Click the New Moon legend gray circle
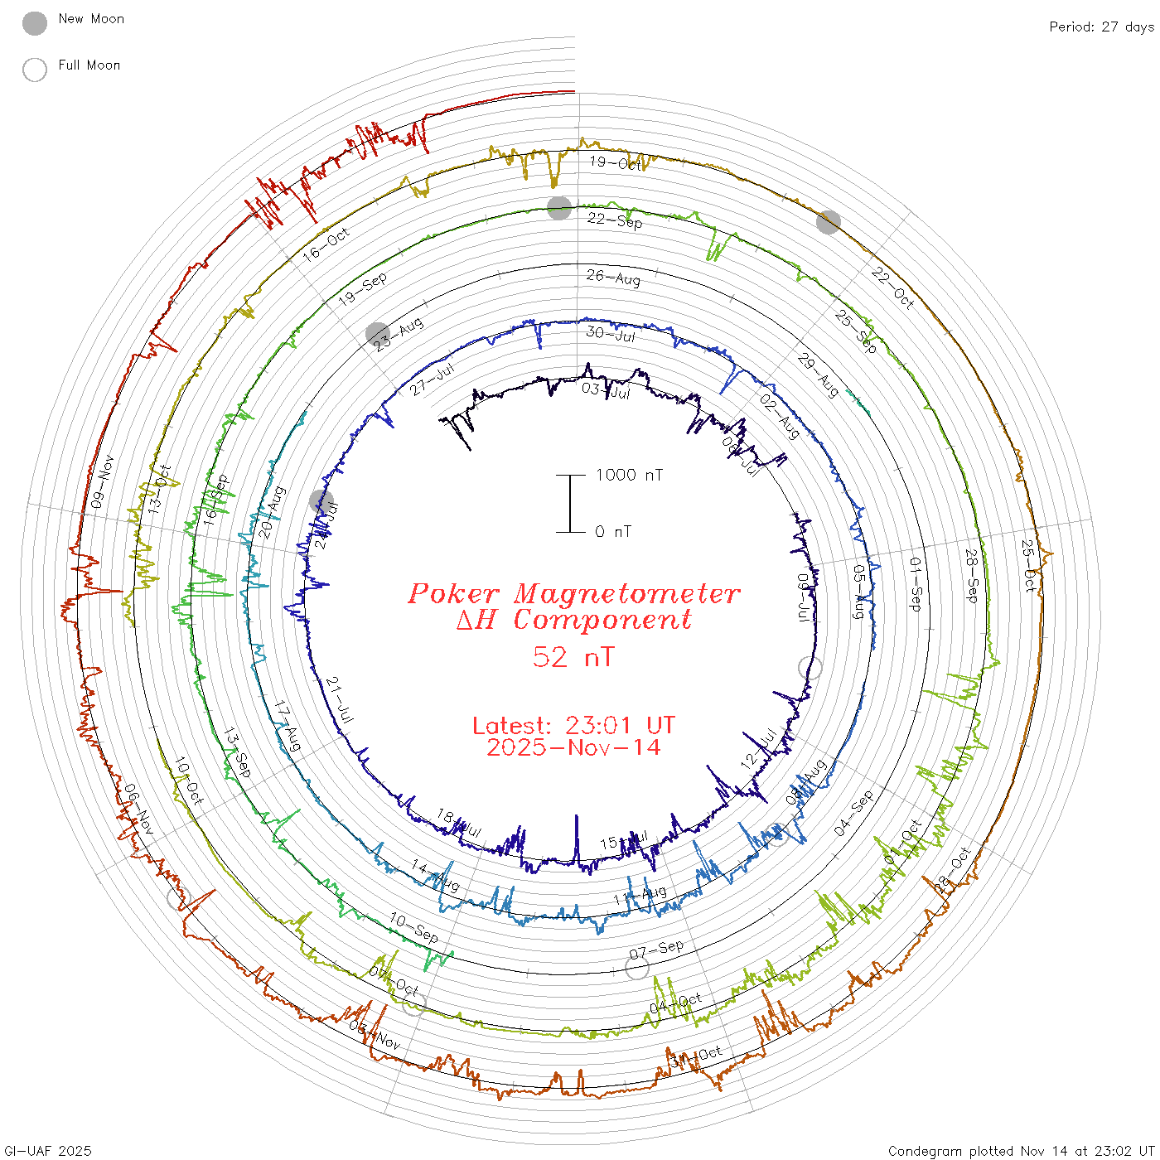[35, 24]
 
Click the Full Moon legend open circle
[35, 70]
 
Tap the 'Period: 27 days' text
[1101, 27]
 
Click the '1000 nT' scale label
[629, 475]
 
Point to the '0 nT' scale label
[613, 532]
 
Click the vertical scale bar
[570, 503]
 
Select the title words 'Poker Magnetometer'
[573, 593]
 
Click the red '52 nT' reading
[573, 657]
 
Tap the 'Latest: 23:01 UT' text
[573, 725]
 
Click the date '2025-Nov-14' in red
[573, 747]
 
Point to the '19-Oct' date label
[616, 163]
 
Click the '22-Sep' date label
[615, 220]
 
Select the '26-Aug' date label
[613, 277]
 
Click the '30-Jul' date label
[611, 334]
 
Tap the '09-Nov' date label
[102, 481]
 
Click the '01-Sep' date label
[916, 584]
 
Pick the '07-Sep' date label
[656, 950]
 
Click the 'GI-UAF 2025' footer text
[48, 1151]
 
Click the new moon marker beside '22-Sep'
[559, 208]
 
